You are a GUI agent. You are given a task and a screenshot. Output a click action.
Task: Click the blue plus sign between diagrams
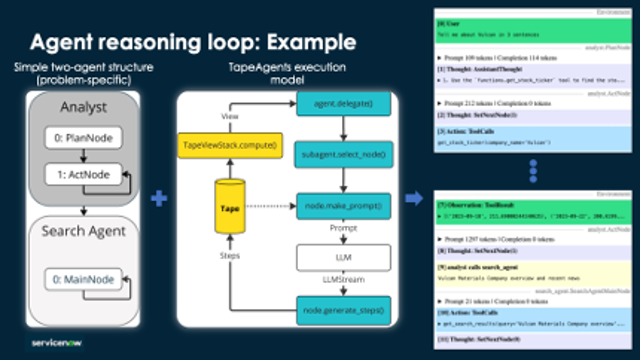pos(156,200)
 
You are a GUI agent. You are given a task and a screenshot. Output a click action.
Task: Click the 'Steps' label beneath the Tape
pos(230,254)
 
